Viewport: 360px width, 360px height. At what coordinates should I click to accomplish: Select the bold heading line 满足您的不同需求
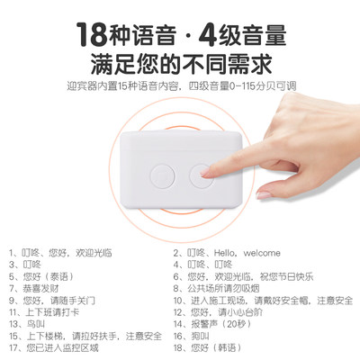(180, 65)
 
